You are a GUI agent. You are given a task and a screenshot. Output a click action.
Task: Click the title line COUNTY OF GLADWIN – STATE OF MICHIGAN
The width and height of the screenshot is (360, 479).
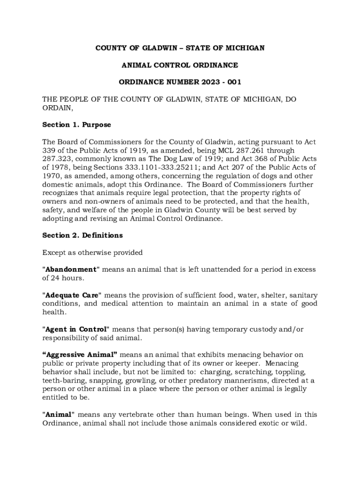coord(180,48)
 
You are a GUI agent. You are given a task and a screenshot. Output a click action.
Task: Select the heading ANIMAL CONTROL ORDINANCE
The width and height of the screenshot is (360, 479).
coord(180,65)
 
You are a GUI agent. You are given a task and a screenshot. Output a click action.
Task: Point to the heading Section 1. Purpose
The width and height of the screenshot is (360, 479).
coord(77,125)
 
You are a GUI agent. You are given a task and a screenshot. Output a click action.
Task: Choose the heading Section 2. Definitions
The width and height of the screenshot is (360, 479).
coord(82,235)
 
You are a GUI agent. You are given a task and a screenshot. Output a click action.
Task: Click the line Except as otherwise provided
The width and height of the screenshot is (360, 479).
coord(93,253)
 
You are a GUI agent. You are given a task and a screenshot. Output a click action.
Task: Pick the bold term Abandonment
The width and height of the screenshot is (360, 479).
coord(71,269)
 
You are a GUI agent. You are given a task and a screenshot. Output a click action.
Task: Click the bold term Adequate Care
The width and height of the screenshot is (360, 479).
coord(72,295)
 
